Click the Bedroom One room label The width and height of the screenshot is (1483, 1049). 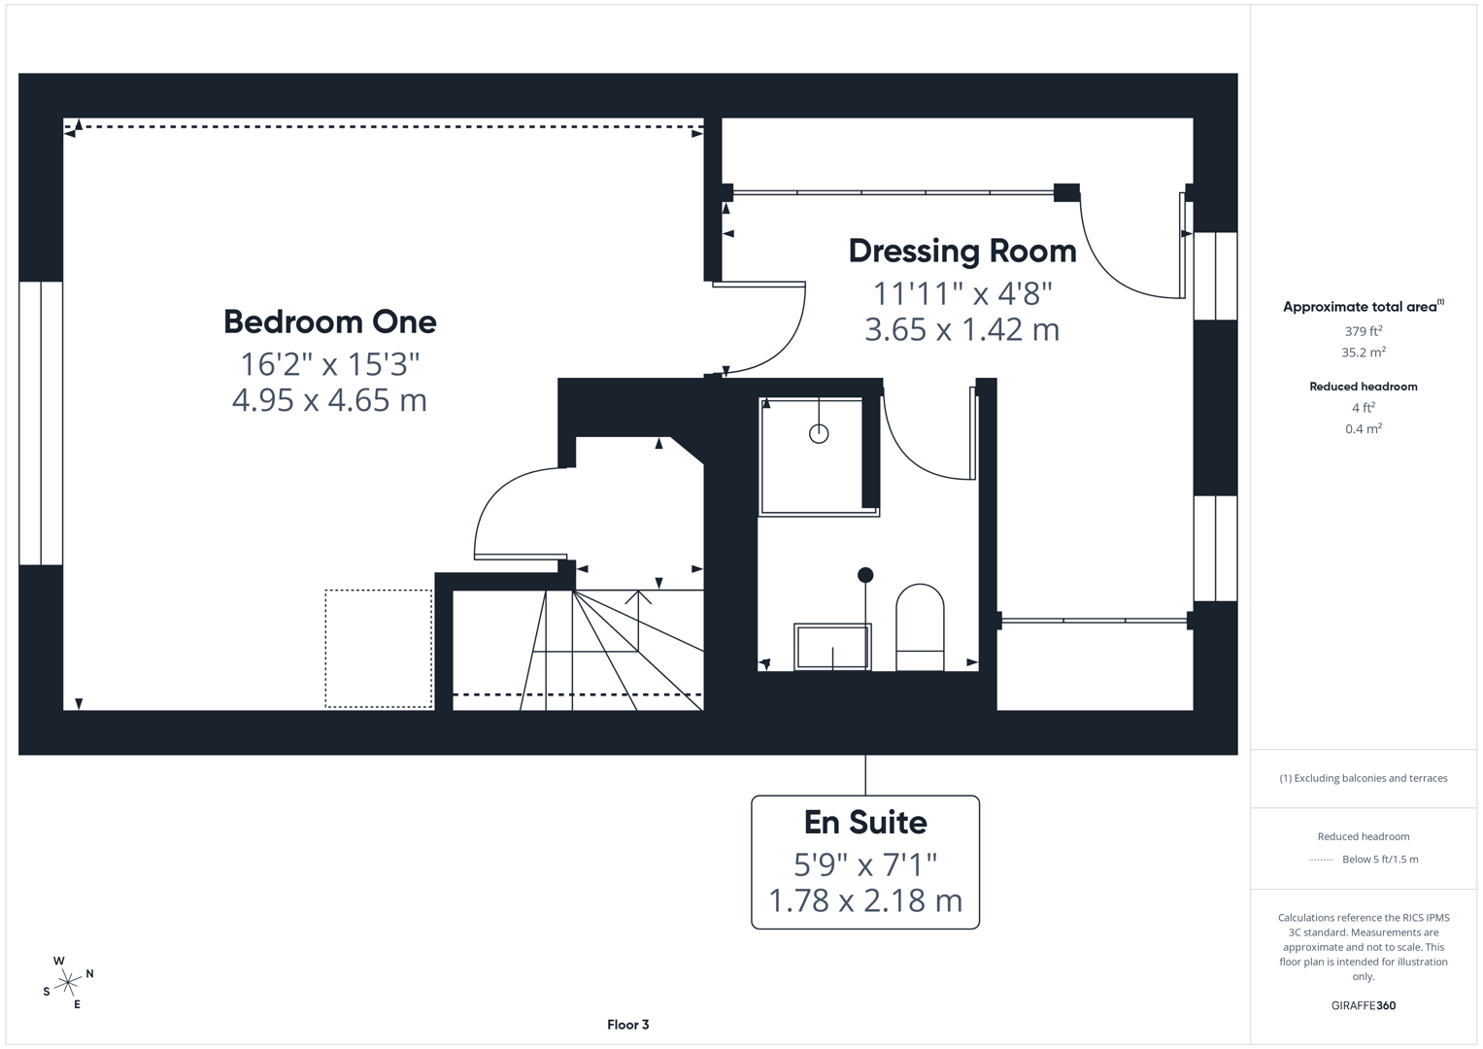click(x=329, y=321)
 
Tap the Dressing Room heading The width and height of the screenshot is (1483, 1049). click(x=961, y=251)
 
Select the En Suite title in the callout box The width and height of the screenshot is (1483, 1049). click(x=864, y=823)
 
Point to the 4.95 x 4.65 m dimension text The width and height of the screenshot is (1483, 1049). click(x=329, y=400)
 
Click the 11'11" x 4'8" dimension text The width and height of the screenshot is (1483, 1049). click(x=961, y=292)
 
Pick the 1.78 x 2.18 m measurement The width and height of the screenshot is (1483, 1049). click(x=864, y=900)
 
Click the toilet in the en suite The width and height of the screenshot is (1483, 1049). click(x=919, y=626)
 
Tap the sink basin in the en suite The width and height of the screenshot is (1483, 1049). click(x=832, y=647)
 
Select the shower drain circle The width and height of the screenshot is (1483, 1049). click(x=819, y=434)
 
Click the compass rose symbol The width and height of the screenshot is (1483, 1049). click(x=68, y=983)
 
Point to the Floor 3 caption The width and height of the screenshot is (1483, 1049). click(x=627, y=1025)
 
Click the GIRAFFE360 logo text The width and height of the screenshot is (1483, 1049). click(x=1363, y=1005)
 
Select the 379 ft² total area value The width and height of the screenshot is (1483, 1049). click(x=1363, y=331)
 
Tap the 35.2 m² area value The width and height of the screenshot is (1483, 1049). click(x=1363, y=353)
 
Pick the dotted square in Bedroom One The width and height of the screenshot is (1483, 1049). click(x=378, y=648)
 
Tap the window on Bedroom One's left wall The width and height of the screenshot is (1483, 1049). click(x=41, y=423)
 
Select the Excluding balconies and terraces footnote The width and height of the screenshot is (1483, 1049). click(x=1363, y=778)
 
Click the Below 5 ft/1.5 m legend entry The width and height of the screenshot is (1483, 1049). click(x=1379, y=860)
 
